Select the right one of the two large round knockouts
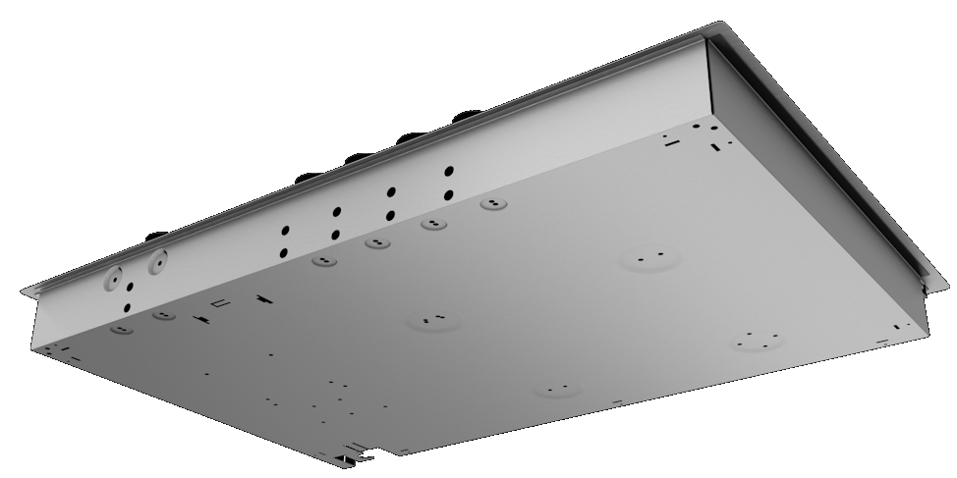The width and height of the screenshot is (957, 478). [157, 262]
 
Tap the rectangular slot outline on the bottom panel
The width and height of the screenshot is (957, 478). [220, 302]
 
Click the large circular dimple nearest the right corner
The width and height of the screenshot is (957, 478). [758, 341]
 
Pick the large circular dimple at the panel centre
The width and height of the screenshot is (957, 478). [433, 321]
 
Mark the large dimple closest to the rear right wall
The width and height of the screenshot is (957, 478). [649, 259]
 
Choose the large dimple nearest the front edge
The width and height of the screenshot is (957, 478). [556, 391]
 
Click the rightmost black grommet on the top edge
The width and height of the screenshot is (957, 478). [461, 117]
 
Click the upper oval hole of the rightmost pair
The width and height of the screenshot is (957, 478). [448, 172]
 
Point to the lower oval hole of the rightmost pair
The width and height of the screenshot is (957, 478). [448, 194]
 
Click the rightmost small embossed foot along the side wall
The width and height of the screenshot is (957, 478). [492, 205]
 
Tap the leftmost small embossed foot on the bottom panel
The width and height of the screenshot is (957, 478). [121, 330]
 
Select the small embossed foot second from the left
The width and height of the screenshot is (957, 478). [163, 315]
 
